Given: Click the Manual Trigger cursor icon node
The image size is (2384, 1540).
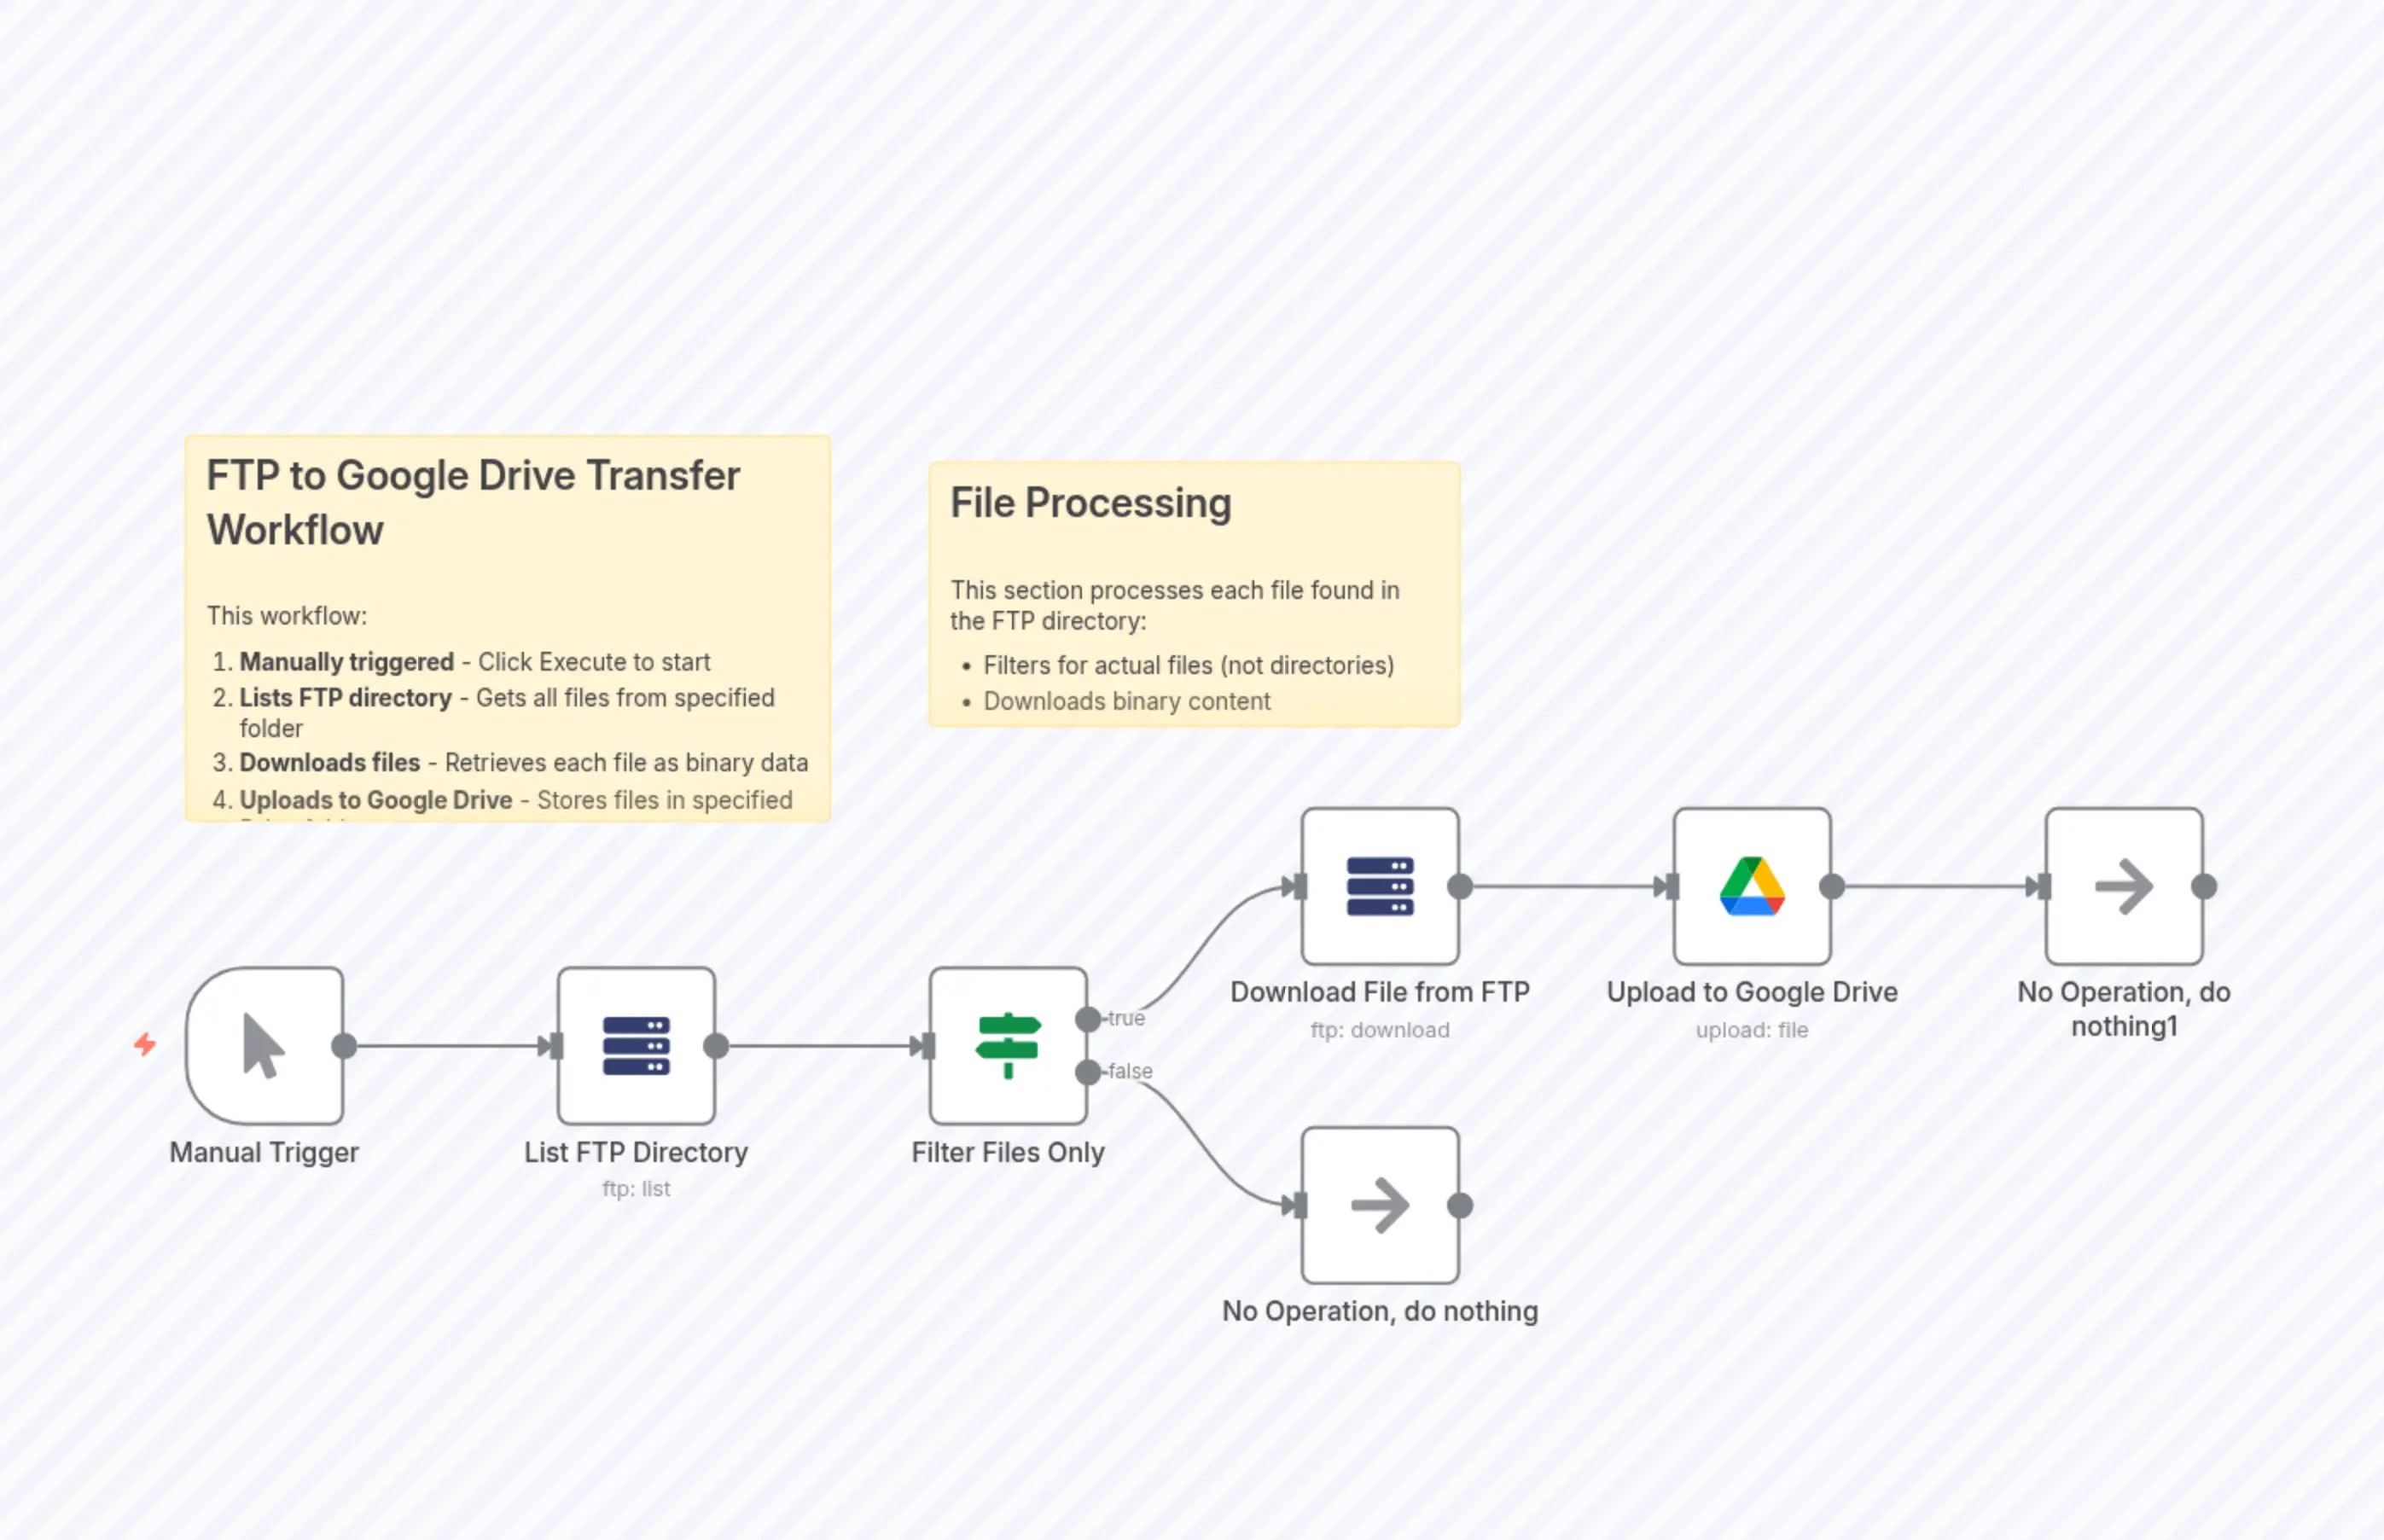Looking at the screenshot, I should point(264,1045).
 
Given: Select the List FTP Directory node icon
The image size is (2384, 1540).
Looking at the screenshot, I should point(636,1045).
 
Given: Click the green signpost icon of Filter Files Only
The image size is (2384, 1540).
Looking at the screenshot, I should point(1008,1045).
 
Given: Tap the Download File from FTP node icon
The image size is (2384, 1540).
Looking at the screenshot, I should point(1380,886).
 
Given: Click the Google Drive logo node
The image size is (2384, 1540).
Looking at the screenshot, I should point(1752,886).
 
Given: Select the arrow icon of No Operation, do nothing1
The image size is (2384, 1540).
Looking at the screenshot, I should point(2124,886).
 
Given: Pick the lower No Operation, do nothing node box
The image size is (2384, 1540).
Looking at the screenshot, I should point(1380,1205).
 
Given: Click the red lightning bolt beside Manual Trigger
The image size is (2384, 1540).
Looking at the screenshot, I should point(145,1045).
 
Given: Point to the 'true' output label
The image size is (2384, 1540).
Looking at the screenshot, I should point(1126,1018).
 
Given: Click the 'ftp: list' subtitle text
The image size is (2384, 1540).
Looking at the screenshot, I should point(636,1189).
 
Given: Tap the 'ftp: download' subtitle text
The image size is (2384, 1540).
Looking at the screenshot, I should point(1380,1030).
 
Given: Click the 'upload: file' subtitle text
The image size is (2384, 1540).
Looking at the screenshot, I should point(1752,1030).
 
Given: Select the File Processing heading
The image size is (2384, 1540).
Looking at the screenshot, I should point(1090,503).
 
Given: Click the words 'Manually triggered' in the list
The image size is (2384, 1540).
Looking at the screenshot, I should point(346,662).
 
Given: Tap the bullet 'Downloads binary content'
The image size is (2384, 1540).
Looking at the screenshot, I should point(1126,701).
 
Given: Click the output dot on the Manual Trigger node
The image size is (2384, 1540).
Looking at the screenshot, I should point(344,1046).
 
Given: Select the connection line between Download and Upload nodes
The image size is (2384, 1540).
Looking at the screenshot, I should point(1560,886).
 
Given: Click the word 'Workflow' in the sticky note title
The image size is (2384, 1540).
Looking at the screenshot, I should point(295,530).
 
